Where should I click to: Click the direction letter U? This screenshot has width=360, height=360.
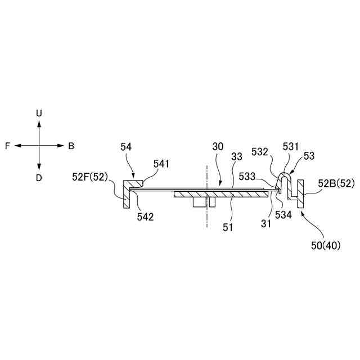coord(39,113)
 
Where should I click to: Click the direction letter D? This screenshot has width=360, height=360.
coord(39,178)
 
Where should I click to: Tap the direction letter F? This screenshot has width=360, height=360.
coord(7,146)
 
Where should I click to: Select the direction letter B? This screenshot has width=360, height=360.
coord(71,146)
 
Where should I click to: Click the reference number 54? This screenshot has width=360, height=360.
coord(126,146)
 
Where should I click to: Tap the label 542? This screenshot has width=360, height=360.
coord(144,216)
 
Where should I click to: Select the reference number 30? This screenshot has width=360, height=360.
coord(218,146)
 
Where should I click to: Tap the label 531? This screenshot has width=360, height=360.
coord(291,147)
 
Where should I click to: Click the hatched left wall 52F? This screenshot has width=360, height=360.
coord(125,194)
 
